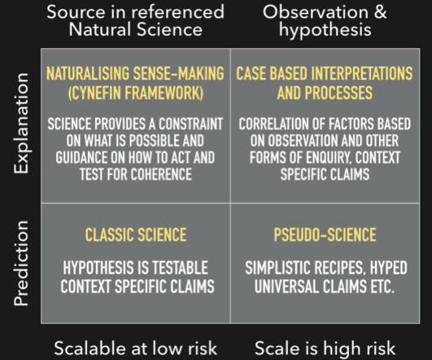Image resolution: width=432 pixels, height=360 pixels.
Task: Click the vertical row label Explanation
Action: coord(21,123)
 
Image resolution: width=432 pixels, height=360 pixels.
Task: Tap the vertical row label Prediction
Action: coord(21,263)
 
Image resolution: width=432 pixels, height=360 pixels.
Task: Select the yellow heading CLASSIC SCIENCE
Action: coord(136,235)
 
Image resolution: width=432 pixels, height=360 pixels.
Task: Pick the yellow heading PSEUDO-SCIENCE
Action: coord(325,235)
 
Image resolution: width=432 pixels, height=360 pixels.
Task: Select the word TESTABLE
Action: coord(180,268)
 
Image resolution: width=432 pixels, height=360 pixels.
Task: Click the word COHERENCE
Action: coord(161,174)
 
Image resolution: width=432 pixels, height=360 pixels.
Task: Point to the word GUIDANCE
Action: coord(81,158)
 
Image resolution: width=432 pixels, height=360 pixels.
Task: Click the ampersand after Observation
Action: coord(381,12)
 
